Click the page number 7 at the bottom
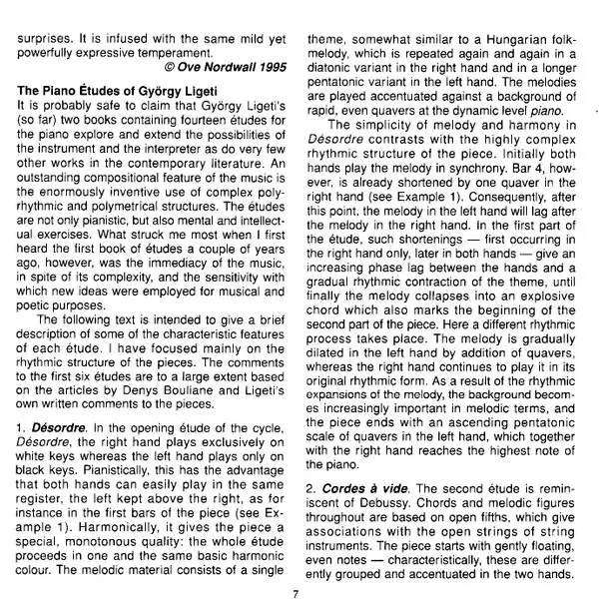pos(297,591)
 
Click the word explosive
pos(541,312)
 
